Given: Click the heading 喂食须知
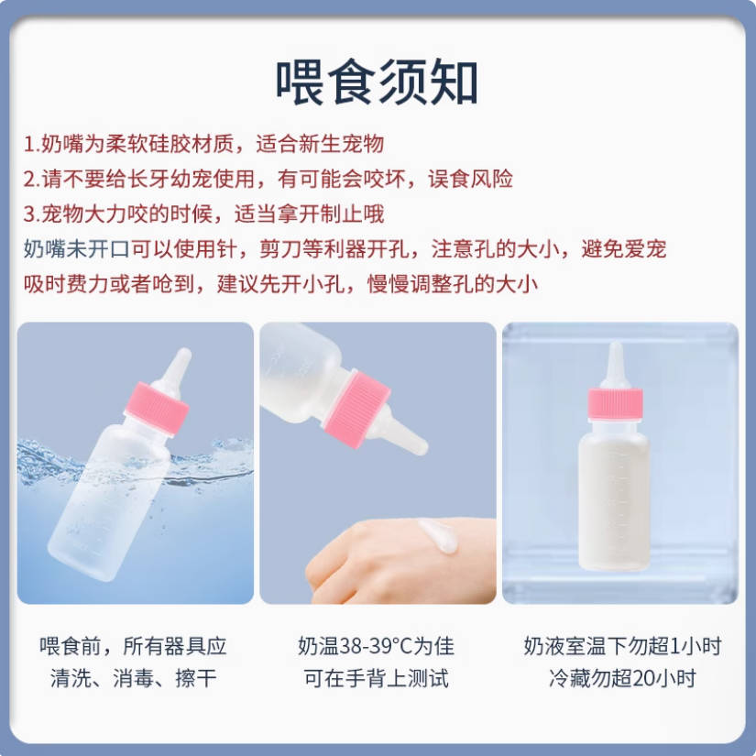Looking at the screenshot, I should tap(377, 82).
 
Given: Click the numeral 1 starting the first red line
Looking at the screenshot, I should tap(28, 145).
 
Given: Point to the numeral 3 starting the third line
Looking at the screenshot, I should tap(29, 214).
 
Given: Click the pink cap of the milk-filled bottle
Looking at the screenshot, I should tap(615, 402).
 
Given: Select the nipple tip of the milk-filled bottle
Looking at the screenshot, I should tap(615, 353).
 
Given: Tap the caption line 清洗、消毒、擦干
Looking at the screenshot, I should tap(133, 679).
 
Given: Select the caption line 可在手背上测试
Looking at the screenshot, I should tap(377, 679).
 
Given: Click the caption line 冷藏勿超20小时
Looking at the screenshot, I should tap(622, 679).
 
